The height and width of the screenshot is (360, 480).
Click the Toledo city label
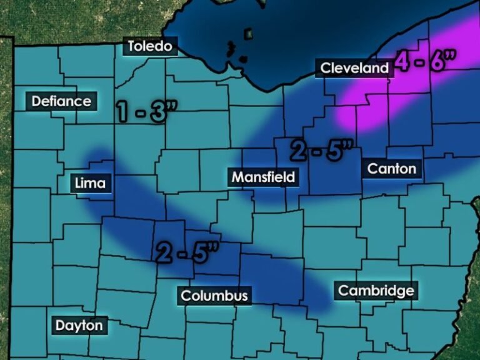(x=149, y=46)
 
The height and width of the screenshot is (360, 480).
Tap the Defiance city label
(x=61, y=101)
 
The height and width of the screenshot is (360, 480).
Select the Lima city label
(x=90, y=183)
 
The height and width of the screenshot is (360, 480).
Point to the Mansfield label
(x=262, y=177)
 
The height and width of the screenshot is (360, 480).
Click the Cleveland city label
(x=354, y=68)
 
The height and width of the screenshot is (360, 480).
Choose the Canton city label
(x=391, y=168)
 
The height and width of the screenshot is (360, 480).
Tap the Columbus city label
(x=214, y=296)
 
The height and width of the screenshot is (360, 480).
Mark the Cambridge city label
(x=376, y=291)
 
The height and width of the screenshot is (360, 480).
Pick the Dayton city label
(x=79, y=325)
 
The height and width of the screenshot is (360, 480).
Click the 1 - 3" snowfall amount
(x=147, y=111)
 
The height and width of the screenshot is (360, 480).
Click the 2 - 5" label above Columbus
(x=187, y=251)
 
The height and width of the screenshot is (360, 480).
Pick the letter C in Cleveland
(x=326, y=68)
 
